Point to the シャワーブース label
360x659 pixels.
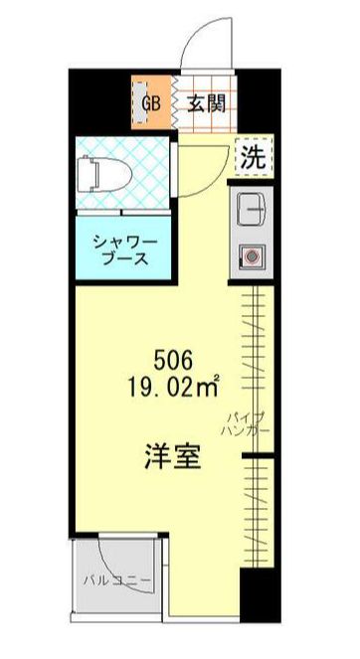tap(121, 248)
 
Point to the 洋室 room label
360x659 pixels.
tap(172, 458)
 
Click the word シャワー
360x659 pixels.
tap(121, 240)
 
